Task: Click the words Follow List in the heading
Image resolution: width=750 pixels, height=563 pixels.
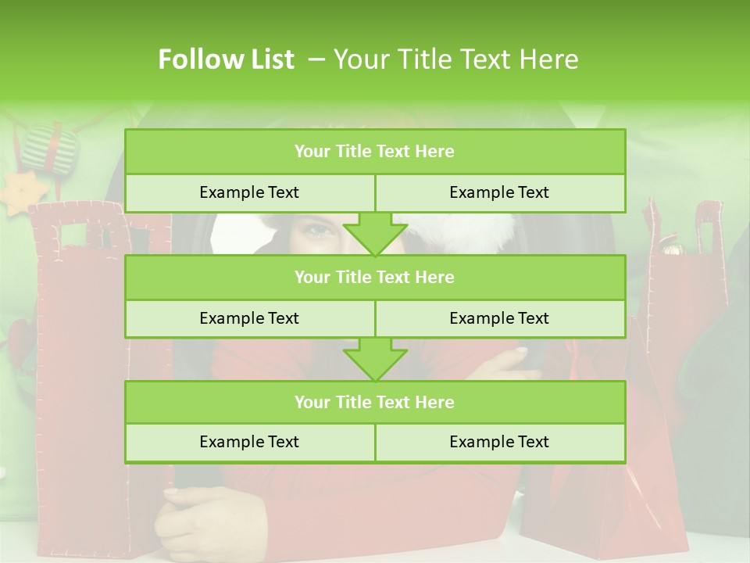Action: pyautogui.click(x=227, y=59)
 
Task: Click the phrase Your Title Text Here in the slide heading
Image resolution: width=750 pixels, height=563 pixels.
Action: pyautogui.click(x=456, y=59)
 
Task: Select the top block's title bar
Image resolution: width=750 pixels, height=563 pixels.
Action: pyautogui.click(x=375, y=152)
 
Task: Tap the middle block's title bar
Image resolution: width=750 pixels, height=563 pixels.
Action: pyautogui.click(x=375, y=277)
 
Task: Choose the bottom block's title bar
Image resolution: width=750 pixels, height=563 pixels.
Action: pyautogui.click(x=375, y=402)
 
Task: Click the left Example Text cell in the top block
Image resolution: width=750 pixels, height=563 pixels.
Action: pyautogui.click(x=249, y=192)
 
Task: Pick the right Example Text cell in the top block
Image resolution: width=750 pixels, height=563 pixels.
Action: pyautogui.click(x=500, y=192)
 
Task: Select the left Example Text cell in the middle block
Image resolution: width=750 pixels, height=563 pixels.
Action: pyautogui.click(x=249, y=318)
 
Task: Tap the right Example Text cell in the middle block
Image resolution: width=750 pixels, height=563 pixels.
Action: pyautogui.click(x=500, y=318)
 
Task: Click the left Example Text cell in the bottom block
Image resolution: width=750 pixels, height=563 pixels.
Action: pyautogui.click(x=249, y=442)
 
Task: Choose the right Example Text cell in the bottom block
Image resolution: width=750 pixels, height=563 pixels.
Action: pyautogui.click(x=500, y=442)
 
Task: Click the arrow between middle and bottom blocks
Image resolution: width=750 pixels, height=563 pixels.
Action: pyautogui.click(x=375, y=359)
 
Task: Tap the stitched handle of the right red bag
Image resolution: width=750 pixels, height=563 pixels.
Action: pyautogui.click(x=709, y=227)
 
